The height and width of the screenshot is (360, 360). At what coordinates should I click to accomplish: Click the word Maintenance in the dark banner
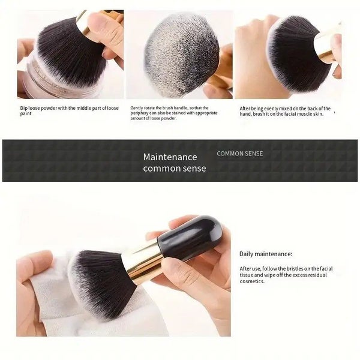point(174,157)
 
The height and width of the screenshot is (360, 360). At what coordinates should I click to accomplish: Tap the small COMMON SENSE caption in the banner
point(239,154)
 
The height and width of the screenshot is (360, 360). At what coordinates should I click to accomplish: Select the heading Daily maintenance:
point(266,254)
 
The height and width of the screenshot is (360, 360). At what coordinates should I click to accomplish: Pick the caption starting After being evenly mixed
point(285,112)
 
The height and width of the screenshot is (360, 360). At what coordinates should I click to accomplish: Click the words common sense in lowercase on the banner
point(174,169)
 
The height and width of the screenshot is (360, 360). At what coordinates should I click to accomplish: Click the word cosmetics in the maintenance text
point(252,281)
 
